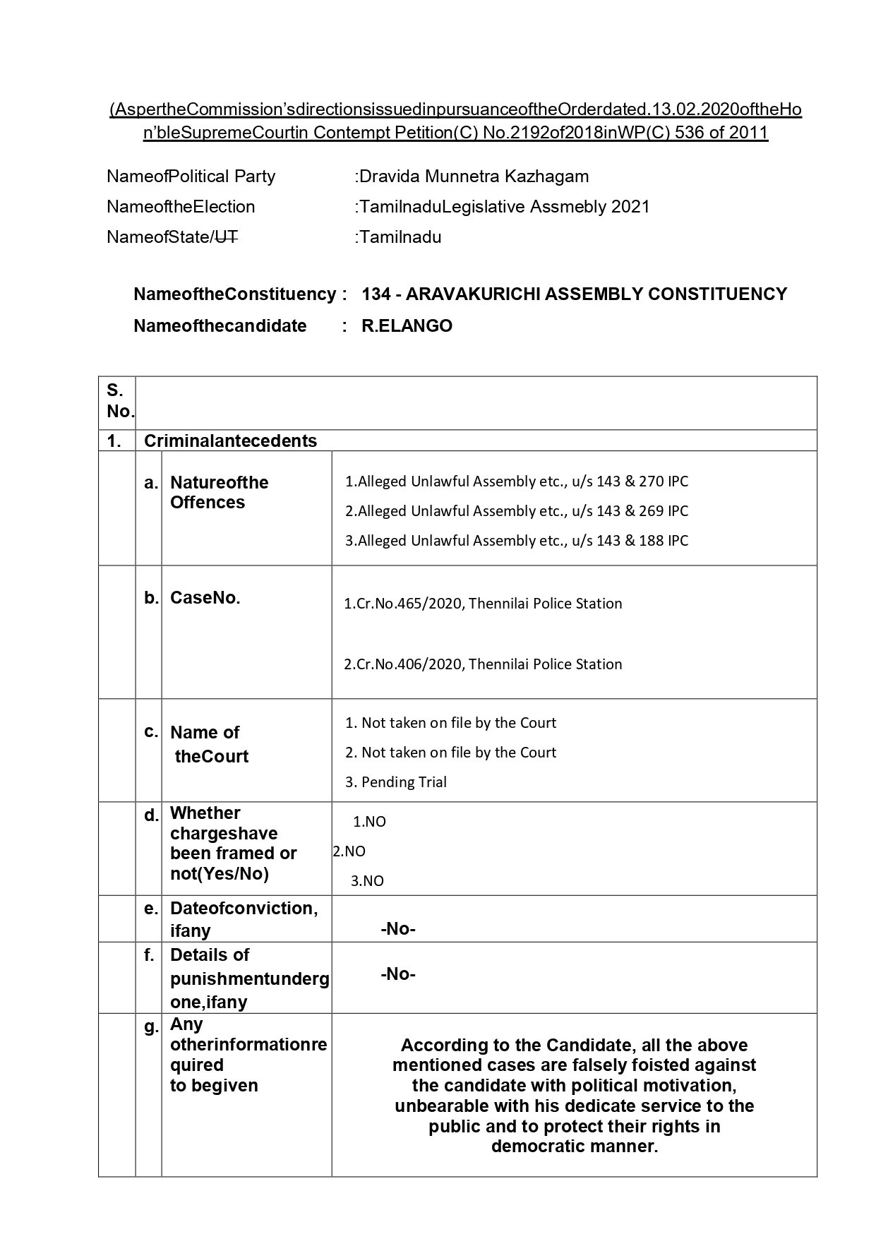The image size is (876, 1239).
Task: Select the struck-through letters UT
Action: point(225,237)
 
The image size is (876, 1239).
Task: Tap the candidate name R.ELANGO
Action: point(407,326)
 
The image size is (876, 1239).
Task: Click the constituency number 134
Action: point(376,294)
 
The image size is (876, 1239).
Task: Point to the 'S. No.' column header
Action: point(118,400)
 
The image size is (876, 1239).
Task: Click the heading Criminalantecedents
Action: point(230,441)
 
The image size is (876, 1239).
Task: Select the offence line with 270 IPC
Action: point(516,481)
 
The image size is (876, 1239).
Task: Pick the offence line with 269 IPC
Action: point(516,511)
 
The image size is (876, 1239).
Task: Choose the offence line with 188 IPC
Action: point(516,541)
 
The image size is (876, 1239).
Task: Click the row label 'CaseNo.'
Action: point(205,598)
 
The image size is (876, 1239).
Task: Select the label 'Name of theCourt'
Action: point(209,744)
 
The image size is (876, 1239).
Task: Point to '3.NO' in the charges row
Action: point(368,881)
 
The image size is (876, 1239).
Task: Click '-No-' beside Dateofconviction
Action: point(398,929)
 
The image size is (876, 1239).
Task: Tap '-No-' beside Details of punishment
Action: point(398,974)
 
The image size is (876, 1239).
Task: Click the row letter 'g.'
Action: point(150,1027)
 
